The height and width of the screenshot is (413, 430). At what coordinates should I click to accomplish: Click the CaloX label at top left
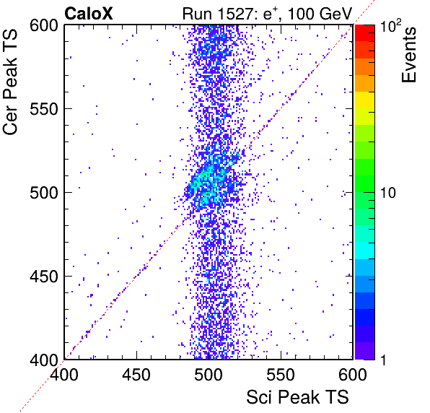point(89,14)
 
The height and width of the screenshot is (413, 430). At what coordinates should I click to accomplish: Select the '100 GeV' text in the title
point(320,14)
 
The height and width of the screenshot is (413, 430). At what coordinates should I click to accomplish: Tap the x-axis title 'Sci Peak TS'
point(297,397)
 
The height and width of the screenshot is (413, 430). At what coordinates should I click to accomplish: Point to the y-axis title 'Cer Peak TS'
point(10,82)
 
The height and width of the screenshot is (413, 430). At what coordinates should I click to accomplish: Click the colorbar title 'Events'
point(409,55)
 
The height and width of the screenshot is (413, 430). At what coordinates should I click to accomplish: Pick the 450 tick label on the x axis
point(136,375)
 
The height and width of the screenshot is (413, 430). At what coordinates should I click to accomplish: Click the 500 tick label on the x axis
point(209,375)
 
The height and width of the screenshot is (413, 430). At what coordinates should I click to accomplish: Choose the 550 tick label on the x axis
point(281,375)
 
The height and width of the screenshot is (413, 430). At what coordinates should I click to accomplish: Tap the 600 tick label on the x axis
point(353,375)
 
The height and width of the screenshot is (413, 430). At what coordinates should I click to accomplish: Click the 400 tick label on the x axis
point(64,375)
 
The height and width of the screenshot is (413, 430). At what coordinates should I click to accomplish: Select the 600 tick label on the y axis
point(44,26)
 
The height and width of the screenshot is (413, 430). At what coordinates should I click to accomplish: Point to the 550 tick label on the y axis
point(44,109)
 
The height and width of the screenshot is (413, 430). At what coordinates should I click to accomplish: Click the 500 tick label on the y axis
point(44,193)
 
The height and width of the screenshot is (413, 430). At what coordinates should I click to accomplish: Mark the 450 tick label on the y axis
point(44,277)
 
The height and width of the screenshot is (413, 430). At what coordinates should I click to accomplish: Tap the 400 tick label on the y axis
point(44,360)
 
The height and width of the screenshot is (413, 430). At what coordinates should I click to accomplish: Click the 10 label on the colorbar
point(388,193)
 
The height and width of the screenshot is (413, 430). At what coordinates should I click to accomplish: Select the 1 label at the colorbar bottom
point(384,360)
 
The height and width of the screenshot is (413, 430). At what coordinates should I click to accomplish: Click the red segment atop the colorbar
point(365,33)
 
